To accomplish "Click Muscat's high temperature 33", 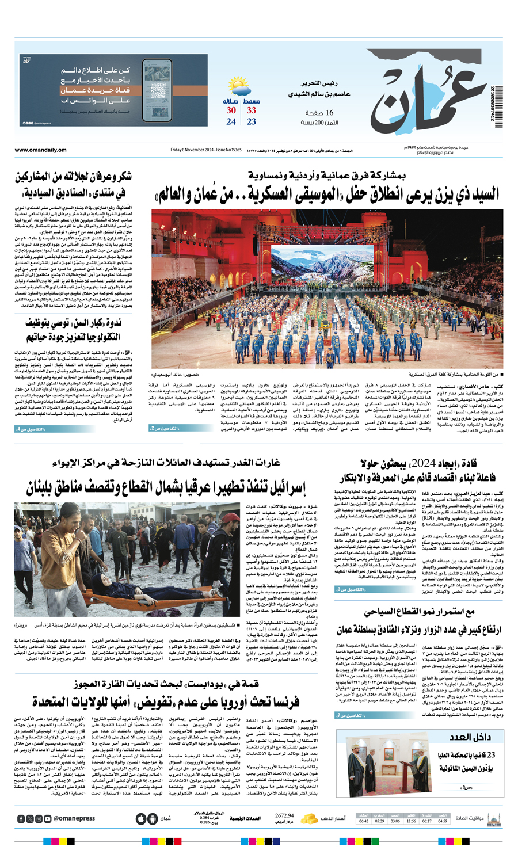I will [x=252, y=110].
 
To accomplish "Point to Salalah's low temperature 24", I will [x=231, y=122].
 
